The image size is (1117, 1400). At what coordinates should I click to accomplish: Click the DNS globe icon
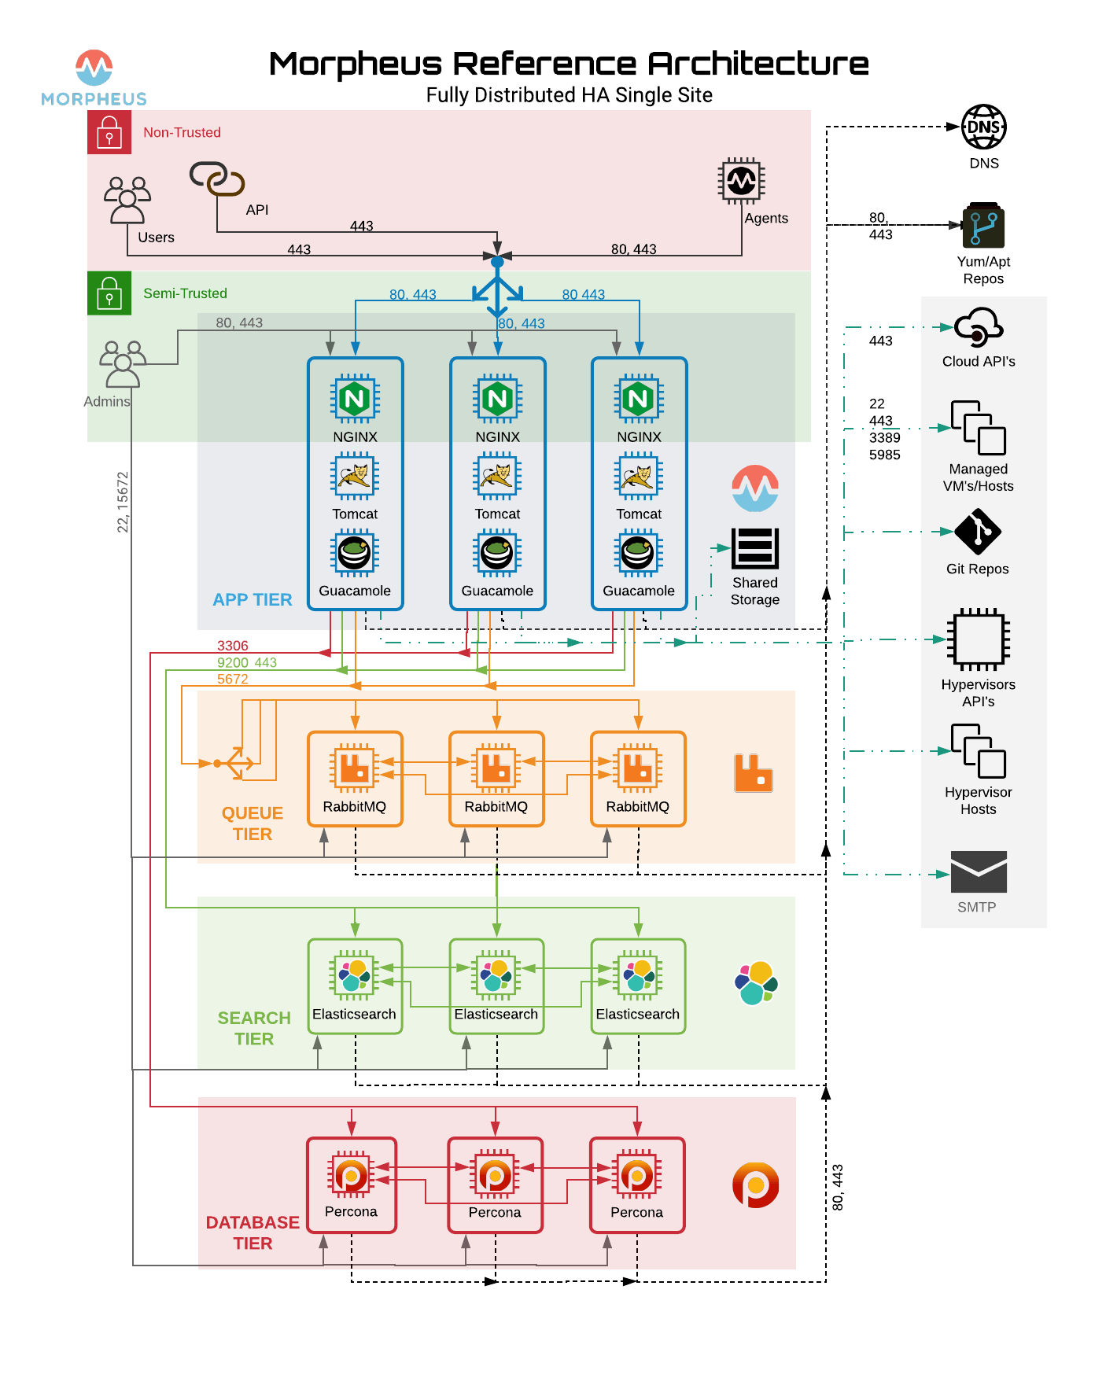tap(983, 127)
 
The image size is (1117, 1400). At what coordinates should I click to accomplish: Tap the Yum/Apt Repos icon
tap(983, 226)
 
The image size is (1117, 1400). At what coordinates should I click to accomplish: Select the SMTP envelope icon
tap(978, 871)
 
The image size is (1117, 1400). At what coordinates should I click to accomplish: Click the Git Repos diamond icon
tap(977, 532)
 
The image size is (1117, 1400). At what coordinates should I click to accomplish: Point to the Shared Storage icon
tap(754, 548)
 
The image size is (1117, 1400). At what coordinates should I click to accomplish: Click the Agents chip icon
tap(741, 182)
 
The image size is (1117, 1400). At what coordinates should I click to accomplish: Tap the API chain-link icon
tap(217, 179)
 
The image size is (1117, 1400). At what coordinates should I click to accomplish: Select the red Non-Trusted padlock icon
tap(109, 132)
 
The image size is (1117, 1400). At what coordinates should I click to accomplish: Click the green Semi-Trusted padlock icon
tap(109, 293)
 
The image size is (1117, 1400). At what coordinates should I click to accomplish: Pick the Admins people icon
tap(123, 364)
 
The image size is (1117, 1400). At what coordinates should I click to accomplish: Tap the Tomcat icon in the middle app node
tap(497, 477)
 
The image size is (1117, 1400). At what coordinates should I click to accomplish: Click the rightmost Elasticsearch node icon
tap(638, 975)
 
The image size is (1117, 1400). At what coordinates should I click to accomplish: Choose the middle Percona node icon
tap(495, 1176)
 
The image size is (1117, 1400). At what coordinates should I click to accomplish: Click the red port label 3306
tap(232, 646)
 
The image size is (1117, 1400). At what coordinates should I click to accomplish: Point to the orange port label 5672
tap(232, 679)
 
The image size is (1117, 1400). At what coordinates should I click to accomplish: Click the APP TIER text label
tap(252, 599)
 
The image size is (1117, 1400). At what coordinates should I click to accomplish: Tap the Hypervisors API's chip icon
tap(978, 639)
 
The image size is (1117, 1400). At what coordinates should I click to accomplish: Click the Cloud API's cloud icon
tap(978, 327)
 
